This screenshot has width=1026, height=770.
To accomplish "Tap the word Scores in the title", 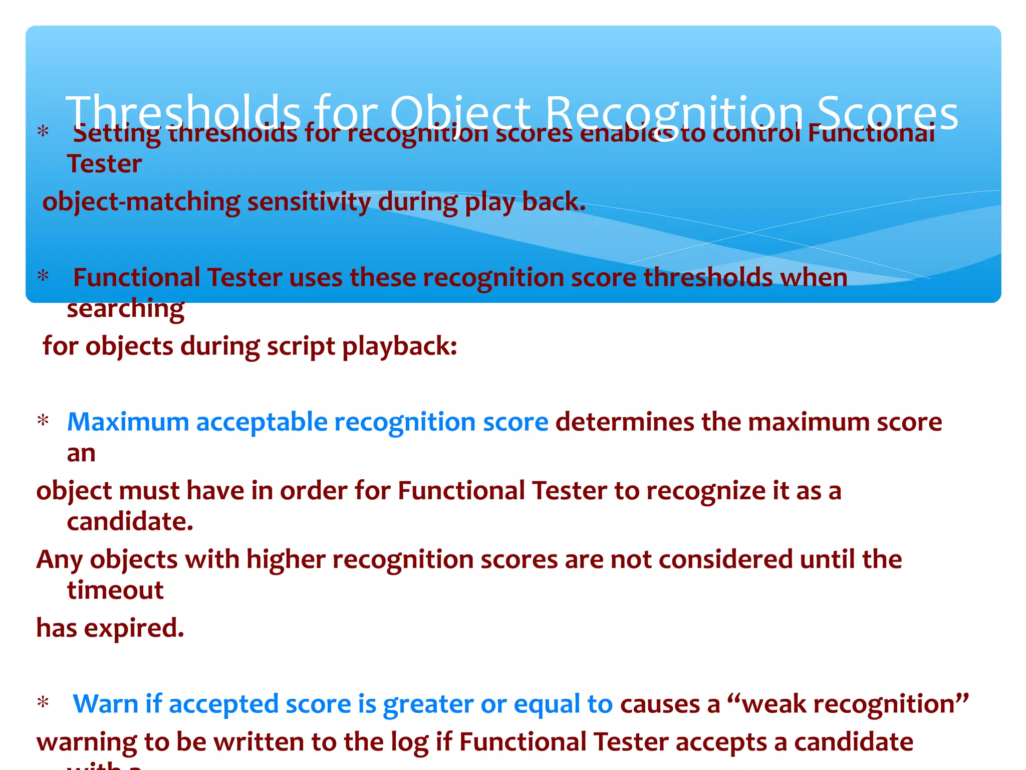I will (887, 113).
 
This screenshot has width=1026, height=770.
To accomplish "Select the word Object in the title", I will (460, 113).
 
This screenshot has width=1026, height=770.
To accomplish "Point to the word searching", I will (125, 309).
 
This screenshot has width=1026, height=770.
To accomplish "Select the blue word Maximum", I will (128, 422).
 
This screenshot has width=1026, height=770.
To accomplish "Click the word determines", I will (624, 422).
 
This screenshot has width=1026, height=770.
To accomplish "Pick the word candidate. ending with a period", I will (130, 522).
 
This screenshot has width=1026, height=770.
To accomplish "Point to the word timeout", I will (115, 591).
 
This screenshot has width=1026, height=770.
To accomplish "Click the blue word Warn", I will (105, 704).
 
